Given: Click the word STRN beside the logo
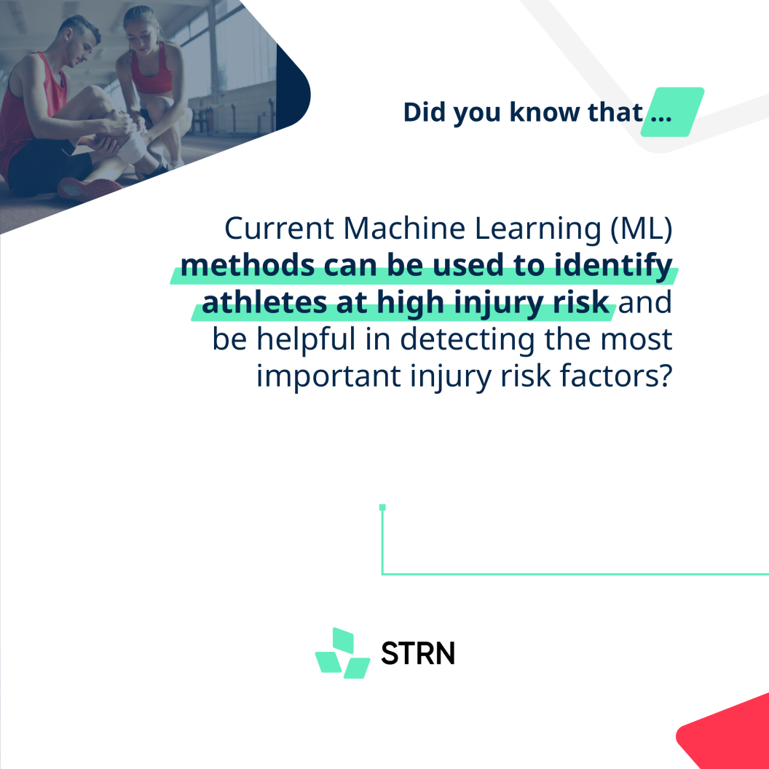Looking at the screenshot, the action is tap(418, 653).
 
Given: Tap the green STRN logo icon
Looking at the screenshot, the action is tap(342, 653).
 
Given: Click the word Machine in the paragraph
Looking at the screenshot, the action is tap(404, 228).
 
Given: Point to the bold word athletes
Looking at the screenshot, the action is tap(264, 303).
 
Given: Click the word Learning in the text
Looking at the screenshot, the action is tap(538, 229).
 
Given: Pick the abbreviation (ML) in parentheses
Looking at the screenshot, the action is tap(642, 229).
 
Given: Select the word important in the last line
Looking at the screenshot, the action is tap(328, 376).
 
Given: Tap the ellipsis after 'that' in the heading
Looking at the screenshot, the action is tap(661, 118).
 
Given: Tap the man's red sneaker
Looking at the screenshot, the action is tap(90, 189).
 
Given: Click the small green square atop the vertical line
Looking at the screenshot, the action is tap(382, 508).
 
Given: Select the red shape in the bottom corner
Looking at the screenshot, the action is tap(727, 734).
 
